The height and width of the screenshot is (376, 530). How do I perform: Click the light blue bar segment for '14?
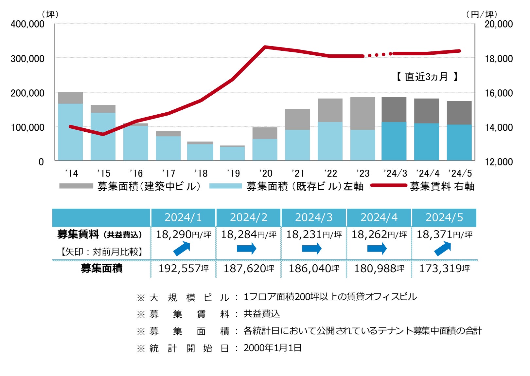70,132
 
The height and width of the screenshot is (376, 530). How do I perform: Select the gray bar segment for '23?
362,113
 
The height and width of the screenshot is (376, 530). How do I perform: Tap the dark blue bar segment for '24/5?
459,142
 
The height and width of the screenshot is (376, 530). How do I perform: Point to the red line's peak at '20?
265,47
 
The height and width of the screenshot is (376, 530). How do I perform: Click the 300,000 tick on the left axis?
27,59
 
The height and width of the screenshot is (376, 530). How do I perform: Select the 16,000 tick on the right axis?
499,93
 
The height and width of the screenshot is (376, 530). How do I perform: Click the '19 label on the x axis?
233,173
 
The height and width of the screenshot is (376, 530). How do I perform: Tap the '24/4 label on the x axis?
428,173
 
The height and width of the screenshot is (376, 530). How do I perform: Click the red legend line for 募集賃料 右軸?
389,185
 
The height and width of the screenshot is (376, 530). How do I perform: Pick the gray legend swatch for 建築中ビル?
76,186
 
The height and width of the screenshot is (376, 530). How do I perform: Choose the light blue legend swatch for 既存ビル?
225,186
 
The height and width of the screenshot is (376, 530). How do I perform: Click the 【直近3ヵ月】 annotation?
427,77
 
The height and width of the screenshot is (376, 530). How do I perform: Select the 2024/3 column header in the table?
313,217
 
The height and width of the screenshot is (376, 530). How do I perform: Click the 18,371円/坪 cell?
444,235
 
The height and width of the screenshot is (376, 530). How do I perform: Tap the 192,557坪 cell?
183,269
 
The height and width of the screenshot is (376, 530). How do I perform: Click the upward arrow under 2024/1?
182,249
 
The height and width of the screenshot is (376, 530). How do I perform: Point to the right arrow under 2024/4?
377,249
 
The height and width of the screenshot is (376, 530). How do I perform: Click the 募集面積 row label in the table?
101,269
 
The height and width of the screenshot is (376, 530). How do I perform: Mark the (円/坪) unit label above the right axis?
482,14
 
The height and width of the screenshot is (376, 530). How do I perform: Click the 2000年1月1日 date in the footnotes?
273,348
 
